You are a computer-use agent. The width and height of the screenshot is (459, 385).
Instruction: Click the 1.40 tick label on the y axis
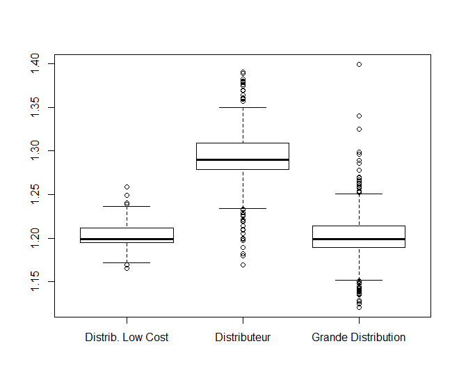coord(35,64)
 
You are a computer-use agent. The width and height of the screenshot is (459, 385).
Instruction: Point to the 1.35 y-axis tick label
coord(35,107)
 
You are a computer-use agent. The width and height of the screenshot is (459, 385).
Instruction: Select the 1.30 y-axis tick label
coord(35,151)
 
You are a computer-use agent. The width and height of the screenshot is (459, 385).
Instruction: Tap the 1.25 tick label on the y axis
coord(35,194)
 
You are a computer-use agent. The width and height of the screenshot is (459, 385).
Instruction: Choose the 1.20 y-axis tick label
coord(35,238)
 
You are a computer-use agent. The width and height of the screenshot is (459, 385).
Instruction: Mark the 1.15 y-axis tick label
coord(35,281)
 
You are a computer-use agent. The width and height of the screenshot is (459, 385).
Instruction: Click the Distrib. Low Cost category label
coord(127,338)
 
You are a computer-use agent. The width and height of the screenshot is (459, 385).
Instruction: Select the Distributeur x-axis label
coord(243,338)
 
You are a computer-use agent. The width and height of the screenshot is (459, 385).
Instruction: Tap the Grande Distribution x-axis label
coord(359,338)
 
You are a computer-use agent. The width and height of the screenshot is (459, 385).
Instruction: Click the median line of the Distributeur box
coord(243,159)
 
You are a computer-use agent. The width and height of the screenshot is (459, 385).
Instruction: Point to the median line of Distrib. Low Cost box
coord(127,239)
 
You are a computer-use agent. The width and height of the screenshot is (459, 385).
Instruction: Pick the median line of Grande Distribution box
coord(359,239)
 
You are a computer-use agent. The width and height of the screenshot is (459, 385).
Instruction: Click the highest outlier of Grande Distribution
coord(359,64)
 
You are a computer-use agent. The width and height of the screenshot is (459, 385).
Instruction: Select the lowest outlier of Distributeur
coord(243,265)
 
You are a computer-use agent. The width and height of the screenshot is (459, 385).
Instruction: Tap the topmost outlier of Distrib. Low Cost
coord(127,187)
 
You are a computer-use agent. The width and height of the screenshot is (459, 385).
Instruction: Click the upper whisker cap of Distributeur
coord(243,108)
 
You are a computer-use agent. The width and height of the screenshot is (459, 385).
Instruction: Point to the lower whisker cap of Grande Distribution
coord(359,280)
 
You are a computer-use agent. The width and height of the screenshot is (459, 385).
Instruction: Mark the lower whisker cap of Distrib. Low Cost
coord(127,262)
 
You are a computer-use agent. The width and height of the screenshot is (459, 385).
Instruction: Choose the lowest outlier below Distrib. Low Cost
coord(127,268)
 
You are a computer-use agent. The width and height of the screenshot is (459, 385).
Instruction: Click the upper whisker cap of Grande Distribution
coord(359,194)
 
